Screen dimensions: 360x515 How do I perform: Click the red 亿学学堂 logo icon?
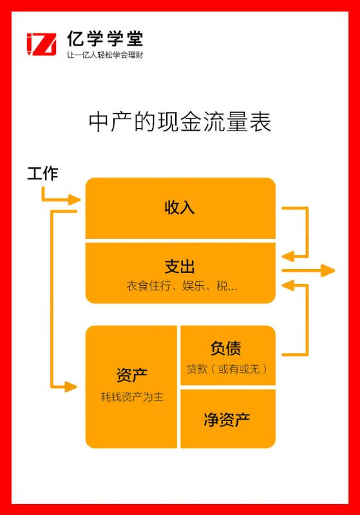41,44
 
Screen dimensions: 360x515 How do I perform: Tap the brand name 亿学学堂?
105,39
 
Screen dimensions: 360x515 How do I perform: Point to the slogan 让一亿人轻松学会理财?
105,55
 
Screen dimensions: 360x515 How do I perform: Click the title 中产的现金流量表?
180,122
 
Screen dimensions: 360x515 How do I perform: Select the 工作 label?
43,174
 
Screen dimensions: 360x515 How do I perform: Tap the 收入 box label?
180,207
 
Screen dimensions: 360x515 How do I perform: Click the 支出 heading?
180,267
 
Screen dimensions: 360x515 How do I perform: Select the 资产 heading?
132,375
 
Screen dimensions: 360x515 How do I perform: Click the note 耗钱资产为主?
132,397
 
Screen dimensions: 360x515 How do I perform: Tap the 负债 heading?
226,348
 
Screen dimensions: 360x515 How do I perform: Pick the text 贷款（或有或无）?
227,369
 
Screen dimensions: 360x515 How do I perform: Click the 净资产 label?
227,420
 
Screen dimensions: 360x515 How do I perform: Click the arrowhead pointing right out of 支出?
328,270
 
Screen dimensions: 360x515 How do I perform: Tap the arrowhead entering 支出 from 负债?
288,286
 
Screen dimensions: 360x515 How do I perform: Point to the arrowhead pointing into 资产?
71,387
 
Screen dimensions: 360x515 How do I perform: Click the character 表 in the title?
260,122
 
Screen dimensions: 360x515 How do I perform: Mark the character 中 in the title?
99,122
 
